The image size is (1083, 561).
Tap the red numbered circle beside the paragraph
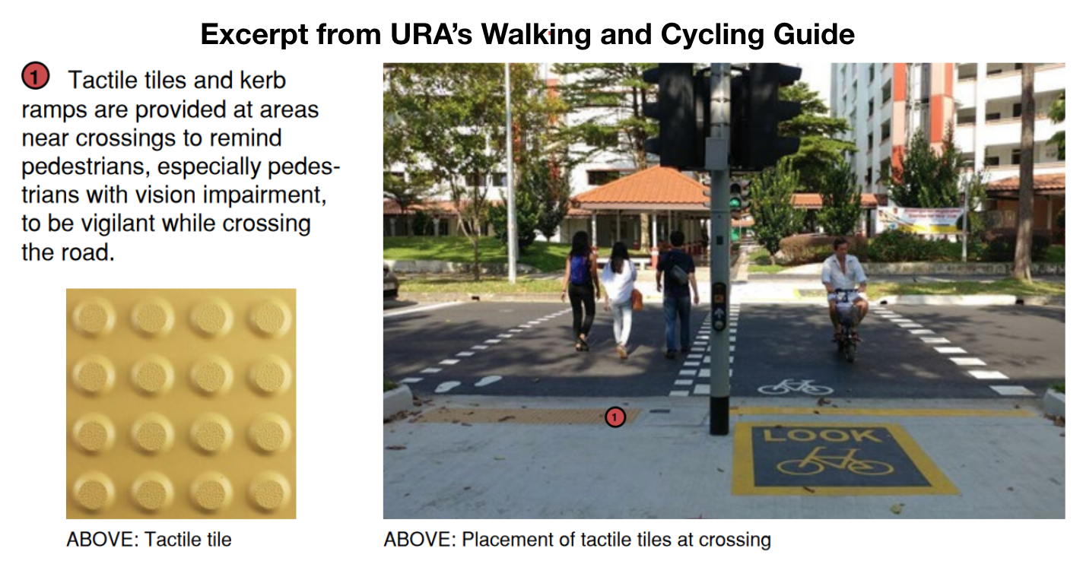35,77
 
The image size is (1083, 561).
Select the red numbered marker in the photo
615,416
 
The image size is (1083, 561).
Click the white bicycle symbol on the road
795,387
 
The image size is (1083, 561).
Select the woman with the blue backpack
580,289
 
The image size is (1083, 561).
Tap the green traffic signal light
735,202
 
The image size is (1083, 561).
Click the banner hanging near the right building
919,220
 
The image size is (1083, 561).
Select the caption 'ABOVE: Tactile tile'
149,540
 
